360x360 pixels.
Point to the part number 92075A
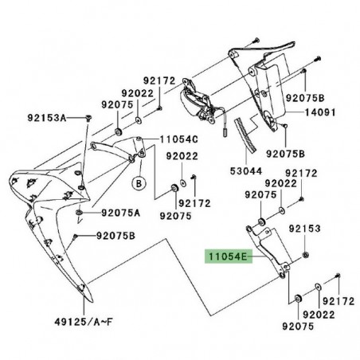click(x=121, y=213)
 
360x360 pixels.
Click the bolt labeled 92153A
click(x=87, y=118)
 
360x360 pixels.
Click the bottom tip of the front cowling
click(x=82, y=303)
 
